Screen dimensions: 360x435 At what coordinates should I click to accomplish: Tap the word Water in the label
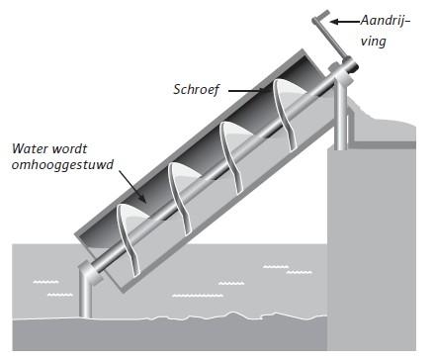click(x=29, y=150)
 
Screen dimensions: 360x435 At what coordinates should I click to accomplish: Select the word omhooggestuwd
click(x=56, y=167)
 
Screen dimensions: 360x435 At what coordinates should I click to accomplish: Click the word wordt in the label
click(x=74, y=150)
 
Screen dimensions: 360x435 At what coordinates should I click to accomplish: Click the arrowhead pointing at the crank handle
click(x=334, y=21)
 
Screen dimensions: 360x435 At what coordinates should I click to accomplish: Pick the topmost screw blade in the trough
click(x=282, y=110)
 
